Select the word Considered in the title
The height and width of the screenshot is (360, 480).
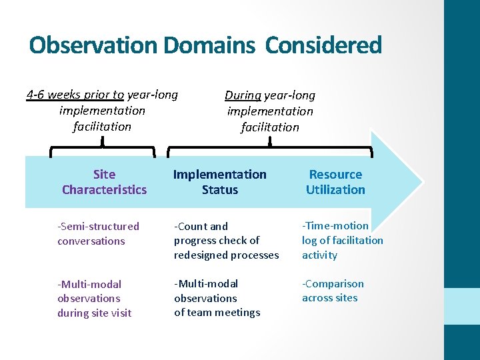323,45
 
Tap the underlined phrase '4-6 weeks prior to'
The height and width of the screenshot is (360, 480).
75,95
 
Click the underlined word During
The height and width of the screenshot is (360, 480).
243,96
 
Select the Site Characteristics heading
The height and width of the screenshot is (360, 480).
104,182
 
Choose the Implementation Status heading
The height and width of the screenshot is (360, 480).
219,182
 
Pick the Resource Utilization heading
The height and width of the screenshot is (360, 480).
335,182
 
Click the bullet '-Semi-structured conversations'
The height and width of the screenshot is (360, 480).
98,234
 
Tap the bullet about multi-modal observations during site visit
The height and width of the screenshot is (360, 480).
94,298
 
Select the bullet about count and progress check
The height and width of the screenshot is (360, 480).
226,241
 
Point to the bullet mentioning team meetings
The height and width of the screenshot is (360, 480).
217,298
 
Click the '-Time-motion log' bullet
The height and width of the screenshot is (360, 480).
342,240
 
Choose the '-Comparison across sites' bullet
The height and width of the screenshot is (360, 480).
333,291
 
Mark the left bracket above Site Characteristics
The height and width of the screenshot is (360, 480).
103,147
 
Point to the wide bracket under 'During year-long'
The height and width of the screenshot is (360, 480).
269,147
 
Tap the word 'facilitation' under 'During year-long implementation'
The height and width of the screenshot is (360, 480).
270,127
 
